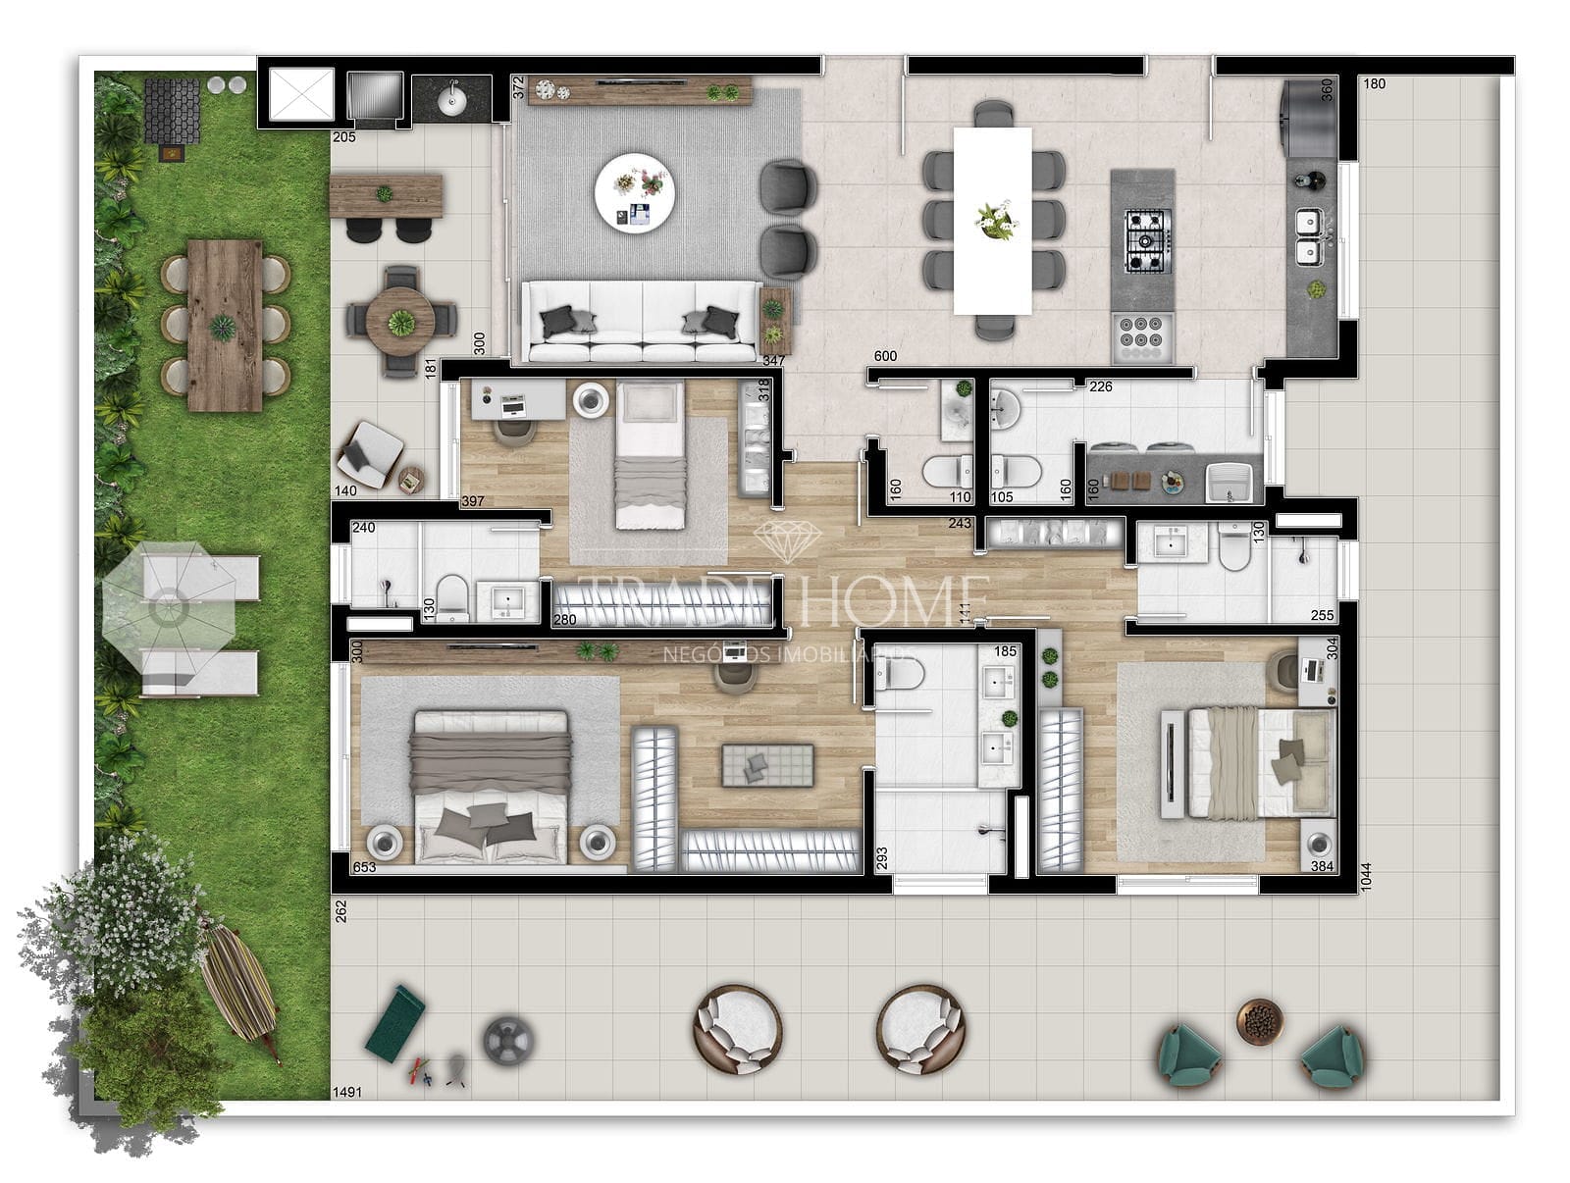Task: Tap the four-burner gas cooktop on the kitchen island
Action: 1144,240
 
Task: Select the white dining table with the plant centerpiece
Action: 992,220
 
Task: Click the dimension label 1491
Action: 348,1092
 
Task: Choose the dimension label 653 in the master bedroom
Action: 364,867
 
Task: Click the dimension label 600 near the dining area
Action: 885,356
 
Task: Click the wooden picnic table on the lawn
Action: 225,326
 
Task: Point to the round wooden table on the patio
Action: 400,321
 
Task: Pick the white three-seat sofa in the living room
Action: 642,322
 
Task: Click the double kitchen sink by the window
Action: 1309,237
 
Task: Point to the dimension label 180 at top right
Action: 1375,84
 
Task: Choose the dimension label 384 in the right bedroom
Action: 1322,867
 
